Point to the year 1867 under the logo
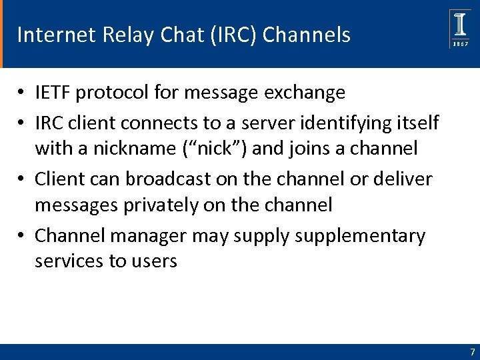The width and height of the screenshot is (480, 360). coord(460,44)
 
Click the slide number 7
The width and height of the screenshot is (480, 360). coord(472,352)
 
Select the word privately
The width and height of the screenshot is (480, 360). coord(157,205)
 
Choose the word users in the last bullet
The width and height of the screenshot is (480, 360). coord(152,261)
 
